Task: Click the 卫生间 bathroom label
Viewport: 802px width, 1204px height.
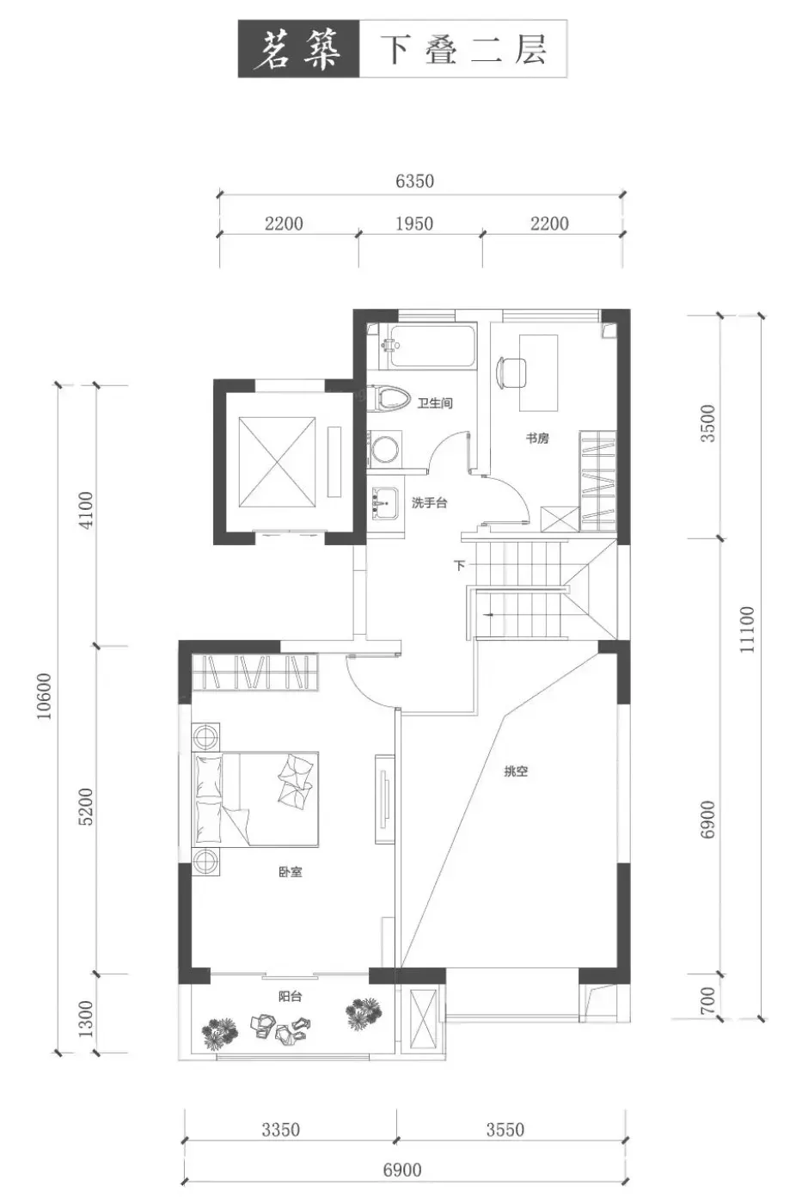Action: (435, 402)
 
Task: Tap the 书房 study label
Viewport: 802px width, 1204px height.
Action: (536, 438)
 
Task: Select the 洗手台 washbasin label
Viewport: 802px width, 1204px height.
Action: (429, 503)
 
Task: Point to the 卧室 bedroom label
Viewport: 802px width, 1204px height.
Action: (290, 872)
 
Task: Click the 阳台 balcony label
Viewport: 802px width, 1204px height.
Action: (290, 997)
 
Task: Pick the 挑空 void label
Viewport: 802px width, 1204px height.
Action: (516, 771)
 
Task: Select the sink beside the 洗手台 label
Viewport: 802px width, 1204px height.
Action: (383, 504)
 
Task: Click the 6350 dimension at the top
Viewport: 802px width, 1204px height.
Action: (414, 181)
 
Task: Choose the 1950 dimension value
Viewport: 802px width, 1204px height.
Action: (414, 224)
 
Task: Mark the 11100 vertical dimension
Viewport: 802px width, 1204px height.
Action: (746, 630)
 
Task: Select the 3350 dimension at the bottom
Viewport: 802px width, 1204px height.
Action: (280, 1130)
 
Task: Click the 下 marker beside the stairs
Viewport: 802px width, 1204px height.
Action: (459, 566)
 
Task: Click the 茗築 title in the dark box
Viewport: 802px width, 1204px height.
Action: (297, 50)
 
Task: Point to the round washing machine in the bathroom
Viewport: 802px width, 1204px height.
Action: (384, 449)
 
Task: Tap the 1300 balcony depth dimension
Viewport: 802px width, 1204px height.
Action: (86, 1019)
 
